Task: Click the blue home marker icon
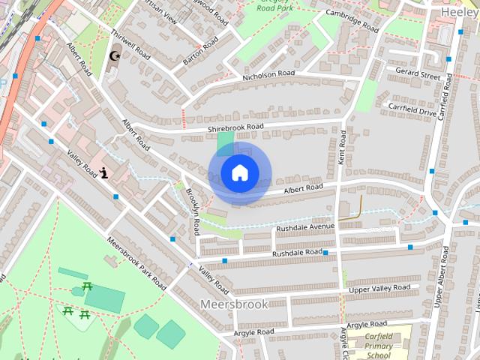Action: point(239,173)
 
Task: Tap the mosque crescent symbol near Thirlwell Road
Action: point(115,56)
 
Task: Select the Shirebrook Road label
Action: point(236,128)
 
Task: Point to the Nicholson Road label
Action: point(268,75)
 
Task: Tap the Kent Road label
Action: point(342,147)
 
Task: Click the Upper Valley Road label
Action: point(379,288)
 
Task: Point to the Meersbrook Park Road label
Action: point(136,263)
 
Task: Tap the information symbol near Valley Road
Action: point(103,174)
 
